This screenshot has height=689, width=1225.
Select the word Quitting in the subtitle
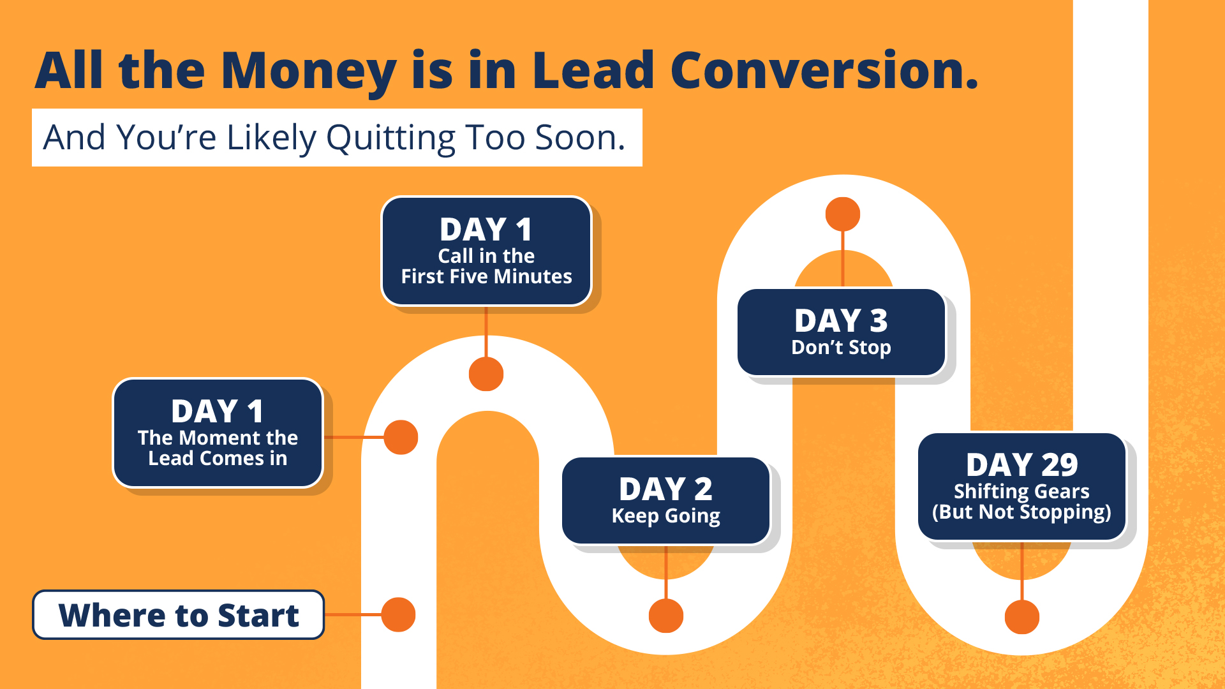(x=391, y=138)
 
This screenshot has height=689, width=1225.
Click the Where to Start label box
(x=179, y=615)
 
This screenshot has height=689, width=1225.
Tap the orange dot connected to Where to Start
(x=399, y=615)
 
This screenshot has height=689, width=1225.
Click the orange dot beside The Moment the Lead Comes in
(x=401, y=438)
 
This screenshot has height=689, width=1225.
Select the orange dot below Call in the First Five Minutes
(x=486, y=374)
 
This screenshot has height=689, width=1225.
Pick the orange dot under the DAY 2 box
(x=666, y=616)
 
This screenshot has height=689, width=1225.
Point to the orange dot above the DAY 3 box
(x=843, y=214)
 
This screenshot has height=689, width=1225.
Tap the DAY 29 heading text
(x=1021, y=464)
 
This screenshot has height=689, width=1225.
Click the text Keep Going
(x=665, y=515)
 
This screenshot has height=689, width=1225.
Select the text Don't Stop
(x=841, y=347)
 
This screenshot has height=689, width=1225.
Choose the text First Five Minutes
(x=486, y=276)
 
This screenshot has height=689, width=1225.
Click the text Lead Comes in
(x=218, y=458)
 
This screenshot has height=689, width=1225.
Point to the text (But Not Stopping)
(x=1021, y=512)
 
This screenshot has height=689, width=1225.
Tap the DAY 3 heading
(x=841, y=320)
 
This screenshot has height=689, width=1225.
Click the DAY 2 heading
(x=665, y=489)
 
